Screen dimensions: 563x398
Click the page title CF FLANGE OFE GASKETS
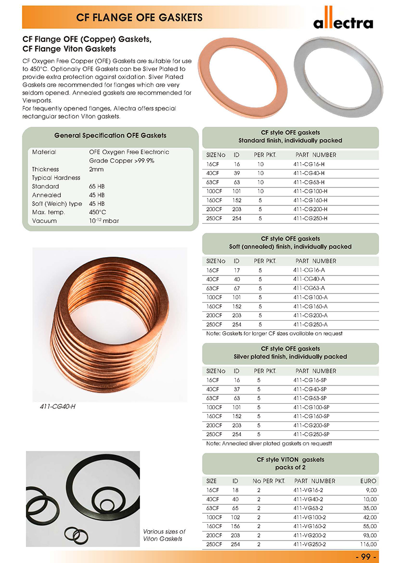(x=139, y=18)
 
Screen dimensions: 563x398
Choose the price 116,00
(x=367, y=544)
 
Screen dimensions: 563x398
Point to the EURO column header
(x=368, y=481)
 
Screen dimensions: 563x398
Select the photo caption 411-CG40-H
(x=58, y=406)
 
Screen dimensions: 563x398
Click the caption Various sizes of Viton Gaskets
(x=164, y=535)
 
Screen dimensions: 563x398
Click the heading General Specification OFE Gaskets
(x=110, y=135)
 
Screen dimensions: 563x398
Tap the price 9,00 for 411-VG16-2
(x=370, y=490)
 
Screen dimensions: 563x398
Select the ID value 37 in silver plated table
(x=236, y=389)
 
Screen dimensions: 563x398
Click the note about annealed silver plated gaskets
(x=269, y=443)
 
